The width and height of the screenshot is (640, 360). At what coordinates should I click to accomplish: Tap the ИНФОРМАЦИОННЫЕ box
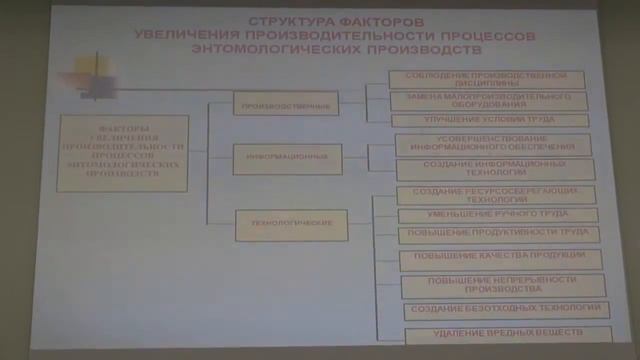click(x=288, y=158)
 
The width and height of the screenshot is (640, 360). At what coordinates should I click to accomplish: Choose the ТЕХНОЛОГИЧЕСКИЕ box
click(x=291, y=225)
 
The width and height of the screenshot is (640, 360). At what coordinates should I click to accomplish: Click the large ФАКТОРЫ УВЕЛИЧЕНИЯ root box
click(x=123, y=153)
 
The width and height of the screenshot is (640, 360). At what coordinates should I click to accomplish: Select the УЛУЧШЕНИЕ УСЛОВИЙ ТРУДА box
click(x=489, y=119)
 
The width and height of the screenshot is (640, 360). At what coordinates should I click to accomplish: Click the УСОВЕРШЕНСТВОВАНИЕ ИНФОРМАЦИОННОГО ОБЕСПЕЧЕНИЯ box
click(x=492, y=144)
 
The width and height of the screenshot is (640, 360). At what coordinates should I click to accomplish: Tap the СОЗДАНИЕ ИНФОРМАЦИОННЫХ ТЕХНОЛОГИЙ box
click(x=495, y=168)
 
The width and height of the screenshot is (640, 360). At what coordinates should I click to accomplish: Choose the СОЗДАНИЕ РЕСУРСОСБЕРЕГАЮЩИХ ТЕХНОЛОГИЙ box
click(x=496, y=194)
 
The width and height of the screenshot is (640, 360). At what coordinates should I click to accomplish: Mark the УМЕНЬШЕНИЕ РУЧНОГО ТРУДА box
click(x=498, y=214)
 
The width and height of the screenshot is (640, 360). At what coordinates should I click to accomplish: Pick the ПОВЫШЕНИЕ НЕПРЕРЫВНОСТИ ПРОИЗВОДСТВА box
click(x=504, y=285)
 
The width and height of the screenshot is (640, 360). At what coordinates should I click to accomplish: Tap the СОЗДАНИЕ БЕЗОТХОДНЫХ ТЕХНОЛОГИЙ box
click(x=506, y=311)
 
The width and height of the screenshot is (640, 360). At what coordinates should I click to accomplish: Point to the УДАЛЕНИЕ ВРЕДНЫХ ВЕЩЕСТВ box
click(x=508, y=334)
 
